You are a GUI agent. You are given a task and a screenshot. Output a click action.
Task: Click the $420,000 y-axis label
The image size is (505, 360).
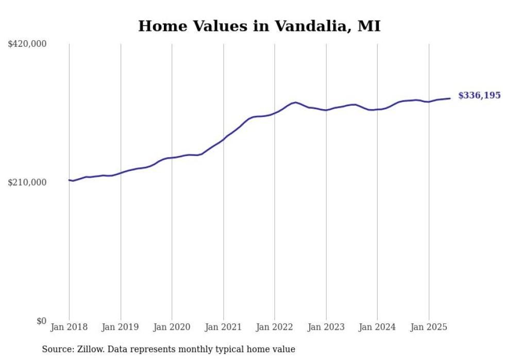click(x=27, y=44)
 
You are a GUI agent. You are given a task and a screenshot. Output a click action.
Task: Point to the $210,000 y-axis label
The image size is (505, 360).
click(x=27, y=183)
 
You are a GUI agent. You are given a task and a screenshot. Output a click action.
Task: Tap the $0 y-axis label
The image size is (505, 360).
click(x=41, y=321)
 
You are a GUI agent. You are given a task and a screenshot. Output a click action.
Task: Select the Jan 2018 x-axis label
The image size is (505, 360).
click(x=69, y=327)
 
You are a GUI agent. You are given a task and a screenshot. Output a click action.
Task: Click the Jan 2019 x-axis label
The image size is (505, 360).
click(x=121, y=327)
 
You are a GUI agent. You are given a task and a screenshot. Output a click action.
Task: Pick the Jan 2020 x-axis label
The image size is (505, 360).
click(x=172, y=327)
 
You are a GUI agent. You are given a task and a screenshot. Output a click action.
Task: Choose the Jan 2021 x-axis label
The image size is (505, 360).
click(x=223, y=327)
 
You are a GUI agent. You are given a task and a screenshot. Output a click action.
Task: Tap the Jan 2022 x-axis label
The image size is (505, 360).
click(x=275, y=327)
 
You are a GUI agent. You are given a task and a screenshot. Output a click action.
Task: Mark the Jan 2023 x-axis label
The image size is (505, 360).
click(x=326, y=327)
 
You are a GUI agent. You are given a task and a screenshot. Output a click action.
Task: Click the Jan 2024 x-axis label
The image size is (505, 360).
click(x=377, y=327)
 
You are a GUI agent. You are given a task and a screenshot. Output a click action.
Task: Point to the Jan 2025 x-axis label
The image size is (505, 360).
click(x=429, y=327)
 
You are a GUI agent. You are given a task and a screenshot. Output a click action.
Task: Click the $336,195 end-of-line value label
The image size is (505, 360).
click(x=479, y=96)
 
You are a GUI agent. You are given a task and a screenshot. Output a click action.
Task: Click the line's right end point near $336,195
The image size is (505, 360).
click(x=450, y=98)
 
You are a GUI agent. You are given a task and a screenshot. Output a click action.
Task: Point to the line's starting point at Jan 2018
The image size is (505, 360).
click(x=69, y=180)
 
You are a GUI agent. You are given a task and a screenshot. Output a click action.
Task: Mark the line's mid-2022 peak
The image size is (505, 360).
click(x=295, y=102)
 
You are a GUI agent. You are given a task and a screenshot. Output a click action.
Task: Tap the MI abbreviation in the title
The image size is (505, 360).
click(x=369, y=27)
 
